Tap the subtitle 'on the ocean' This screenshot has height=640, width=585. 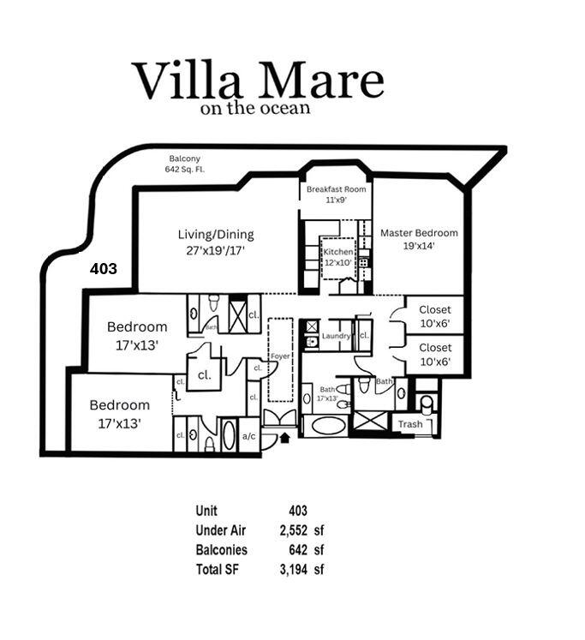254,109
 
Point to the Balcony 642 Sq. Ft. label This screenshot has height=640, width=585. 184,164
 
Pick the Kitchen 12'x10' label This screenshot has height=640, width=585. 337,257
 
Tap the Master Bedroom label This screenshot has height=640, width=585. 419,238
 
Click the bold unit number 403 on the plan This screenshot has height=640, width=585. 104,268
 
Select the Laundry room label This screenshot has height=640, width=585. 337,336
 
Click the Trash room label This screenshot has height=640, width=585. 410,424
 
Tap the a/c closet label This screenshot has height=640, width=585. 249,435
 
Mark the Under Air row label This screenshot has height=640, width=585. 220,530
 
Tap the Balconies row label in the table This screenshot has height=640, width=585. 221,550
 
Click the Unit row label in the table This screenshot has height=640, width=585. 206,511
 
